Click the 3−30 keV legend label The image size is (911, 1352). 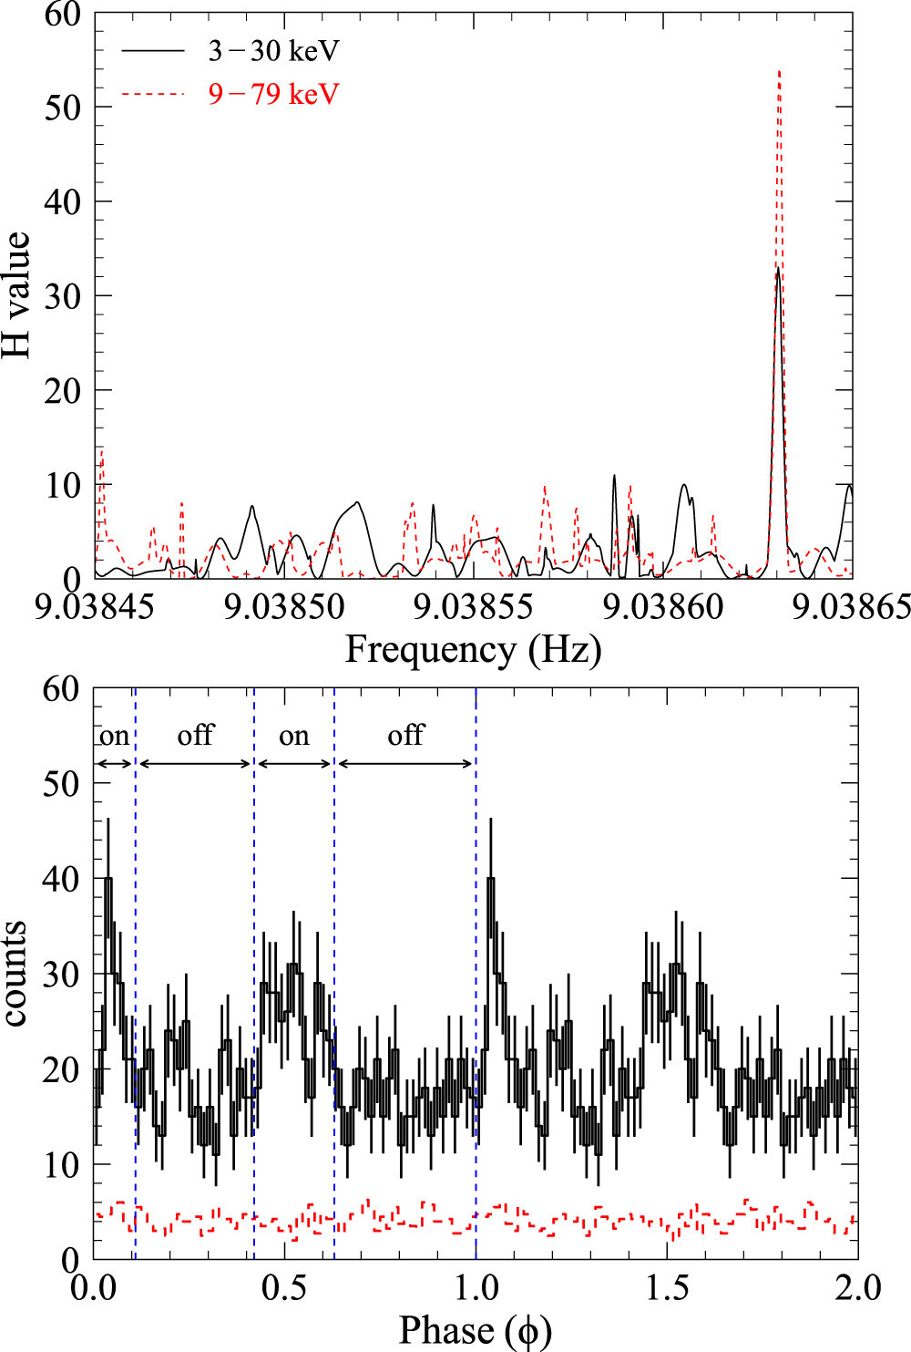(x=273, y=51)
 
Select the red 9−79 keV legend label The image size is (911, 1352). (x=273, y=94)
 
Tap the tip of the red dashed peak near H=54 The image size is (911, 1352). (x=779, y=71)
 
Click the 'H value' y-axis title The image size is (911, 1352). (x=16, y=294)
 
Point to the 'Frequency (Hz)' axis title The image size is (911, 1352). (x=473, y=650)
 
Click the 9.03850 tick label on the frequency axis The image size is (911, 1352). (x=284, y=606)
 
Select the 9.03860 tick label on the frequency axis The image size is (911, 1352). (x=663, y=606)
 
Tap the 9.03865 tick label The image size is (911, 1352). (x=851, y=606)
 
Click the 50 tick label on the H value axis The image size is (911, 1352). (x=62, y=107)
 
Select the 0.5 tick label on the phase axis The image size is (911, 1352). (x=284, y=1287)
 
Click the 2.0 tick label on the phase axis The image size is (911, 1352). (x=857, y=1287)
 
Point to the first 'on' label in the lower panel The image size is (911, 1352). (x=114, y=736)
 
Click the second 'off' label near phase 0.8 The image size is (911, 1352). (x=405, y=735)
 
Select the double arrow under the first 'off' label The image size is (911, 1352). (x=195, y=763)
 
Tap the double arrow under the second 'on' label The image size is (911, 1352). (x=294, y=763)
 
